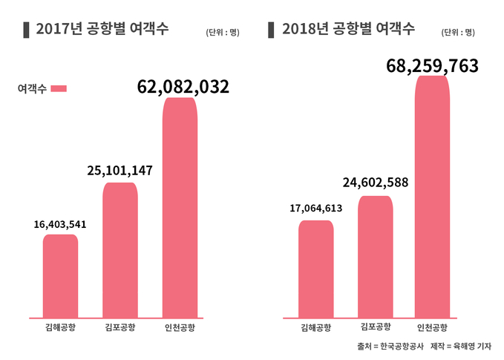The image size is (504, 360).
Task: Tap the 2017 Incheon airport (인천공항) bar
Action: (180, 208)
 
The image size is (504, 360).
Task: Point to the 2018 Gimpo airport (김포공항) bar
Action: (375, 257)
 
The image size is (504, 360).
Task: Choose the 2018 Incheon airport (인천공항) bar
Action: (432, 197)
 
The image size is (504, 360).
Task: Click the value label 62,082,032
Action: (183, 87)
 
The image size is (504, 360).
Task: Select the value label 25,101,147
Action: (120, 171)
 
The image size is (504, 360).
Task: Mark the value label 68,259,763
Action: (432, 65)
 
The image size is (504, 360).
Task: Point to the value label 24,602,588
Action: (375, 183)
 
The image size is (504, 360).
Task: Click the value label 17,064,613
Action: (315, 209)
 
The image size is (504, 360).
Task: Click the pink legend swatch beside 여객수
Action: (59, 88)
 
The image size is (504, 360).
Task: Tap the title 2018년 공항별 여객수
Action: (348, 30)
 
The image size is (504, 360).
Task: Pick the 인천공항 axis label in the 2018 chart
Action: (432, 328)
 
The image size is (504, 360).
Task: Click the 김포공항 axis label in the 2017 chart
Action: (120, 327)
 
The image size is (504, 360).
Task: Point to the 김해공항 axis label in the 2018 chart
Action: (315, 328)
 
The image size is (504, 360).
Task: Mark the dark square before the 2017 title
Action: (27, 30)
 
